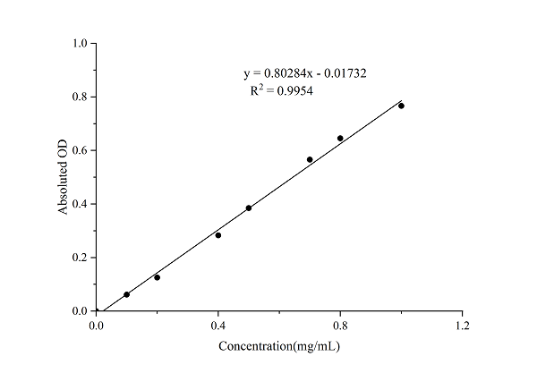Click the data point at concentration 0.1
click(126, 294)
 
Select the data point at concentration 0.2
click(157, 277)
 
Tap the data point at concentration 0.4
click(218, 235)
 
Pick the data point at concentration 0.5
click(249, 208)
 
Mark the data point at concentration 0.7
click(310, 159)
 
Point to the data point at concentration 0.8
click(340, 138)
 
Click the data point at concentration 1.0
click(401, 106)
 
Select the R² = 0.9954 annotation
click(281, 90)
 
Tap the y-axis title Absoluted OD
click(64, 177)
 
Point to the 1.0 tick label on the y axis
click(80, 43)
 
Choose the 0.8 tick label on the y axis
click(80, 97)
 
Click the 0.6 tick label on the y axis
click(80, 150)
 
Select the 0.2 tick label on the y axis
click(80, 258)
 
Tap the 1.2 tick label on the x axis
click(462, 325)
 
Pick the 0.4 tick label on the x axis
click(218, 325)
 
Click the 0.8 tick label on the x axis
click(340, 325)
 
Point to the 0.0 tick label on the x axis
click(97, 325)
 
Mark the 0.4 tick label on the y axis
click(80, 204)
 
